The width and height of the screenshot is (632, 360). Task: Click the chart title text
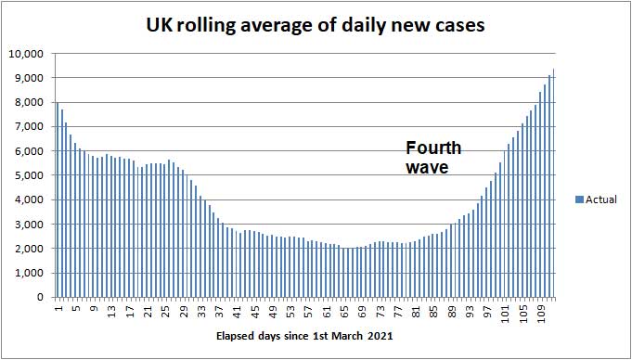pyautogui.click(x=316, y=25)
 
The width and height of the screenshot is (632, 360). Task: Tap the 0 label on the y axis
pyautogui.click(x=41, y=298)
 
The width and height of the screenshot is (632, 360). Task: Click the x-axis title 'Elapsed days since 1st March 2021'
pyautogui.click(x=305, y=336)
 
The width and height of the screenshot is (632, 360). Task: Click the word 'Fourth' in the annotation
pyautogui.click(x=433, y=148)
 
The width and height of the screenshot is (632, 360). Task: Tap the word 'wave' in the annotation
pyautogui.click(x=427, y=168)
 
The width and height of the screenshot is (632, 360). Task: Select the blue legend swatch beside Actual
pyautogui.click(x=579, y=199)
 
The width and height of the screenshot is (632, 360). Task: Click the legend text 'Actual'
pyautogui.click(x=601, y=199)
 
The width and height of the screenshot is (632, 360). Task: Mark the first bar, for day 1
pyautogui.click(x=58, y=199)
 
